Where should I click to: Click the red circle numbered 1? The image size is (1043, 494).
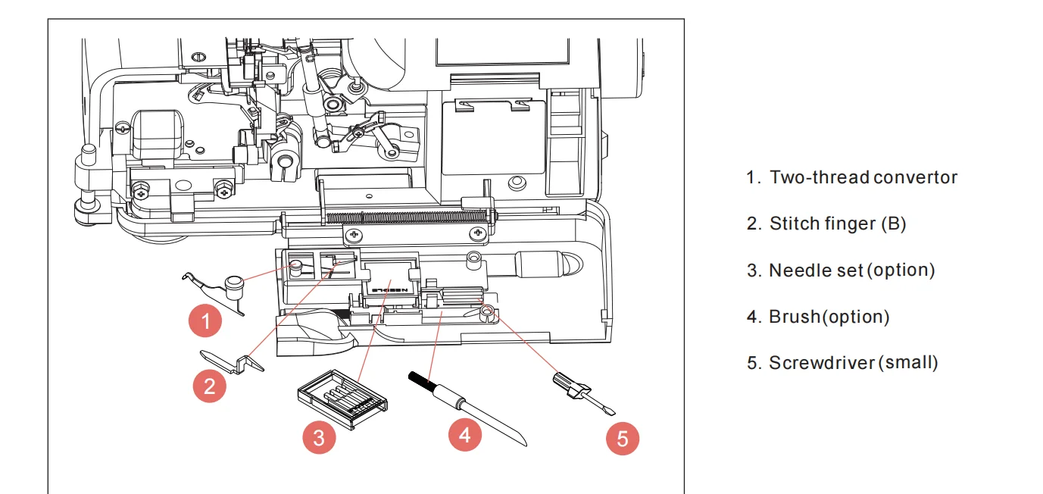[206, 321]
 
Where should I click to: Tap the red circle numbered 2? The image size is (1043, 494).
[210, 386]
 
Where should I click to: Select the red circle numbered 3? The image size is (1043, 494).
[319, 437]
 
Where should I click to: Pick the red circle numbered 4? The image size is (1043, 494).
[465, 434]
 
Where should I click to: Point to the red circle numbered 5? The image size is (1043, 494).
[622, 439]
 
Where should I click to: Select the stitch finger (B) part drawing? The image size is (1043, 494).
[232, 361]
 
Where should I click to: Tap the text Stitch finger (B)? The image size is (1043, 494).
[837, 224]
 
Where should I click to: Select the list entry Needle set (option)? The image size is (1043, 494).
[851, 270]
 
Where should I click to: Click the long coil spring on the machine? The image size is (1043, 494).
[409, 217]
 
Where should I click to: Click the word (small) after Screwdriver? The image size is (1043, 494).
[909, 363]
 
